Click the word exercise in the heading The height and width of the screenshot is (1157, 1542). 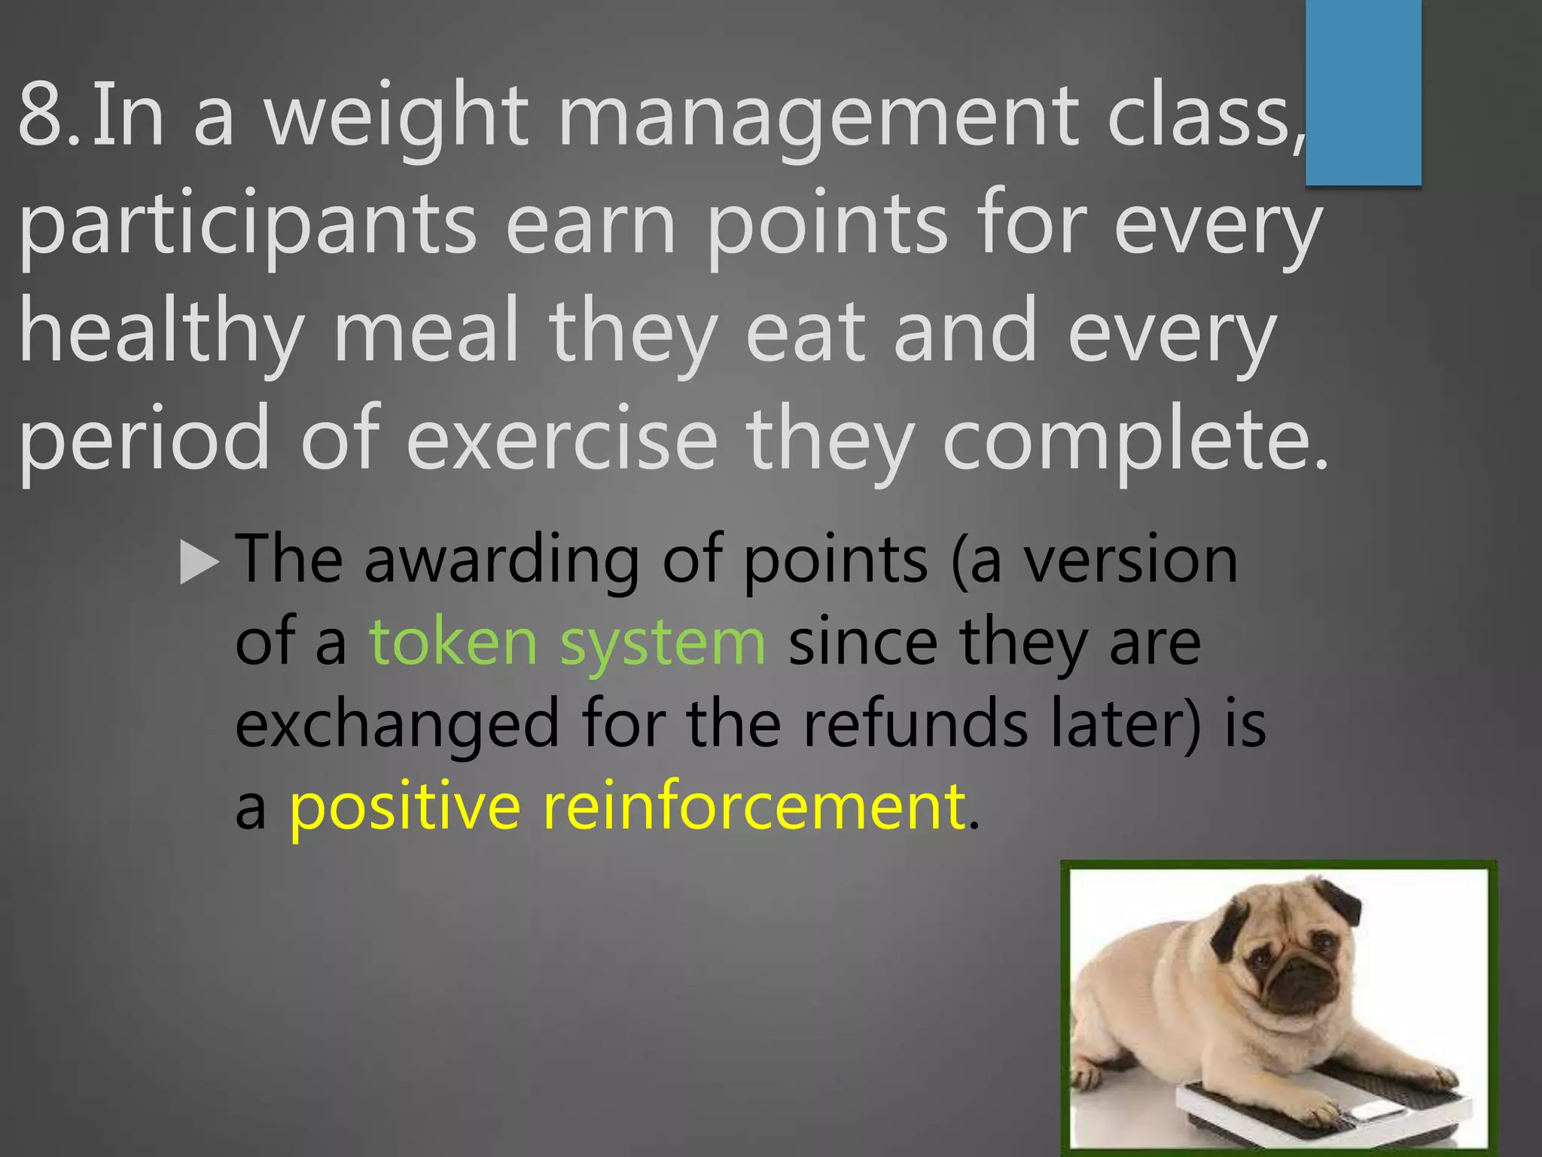(x=561, y=441)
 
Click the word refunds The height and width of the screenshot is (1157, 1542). (x=914, y=724)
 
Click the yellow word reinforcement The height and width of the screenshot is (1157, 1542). (x=754, y=806)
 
